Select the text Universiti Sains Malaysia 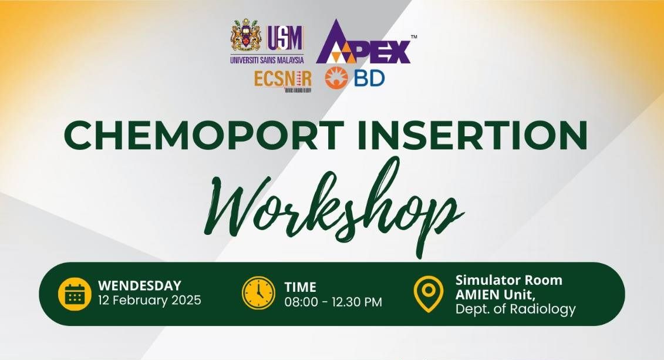tap(267, 60)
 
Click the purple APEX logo tap(363, 42)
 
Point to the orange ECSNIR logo tap(283, 79)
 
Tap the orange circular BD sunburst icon tap(336, 78)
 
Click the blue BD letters tap(369, 78)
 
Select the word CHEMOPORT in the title tap(204, 135)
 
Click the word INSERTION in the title tap(473, 135)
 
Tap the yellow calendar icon tap(75, 294)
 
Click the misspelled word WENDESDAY tap(140, 285)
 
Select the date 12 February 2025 tap(150, 300)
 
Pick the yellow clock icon tap(258, 292)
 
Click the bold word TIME tap(300, 287)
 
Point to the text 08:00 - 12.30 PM tap(333, 302)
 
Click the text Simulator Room tap(508, 280)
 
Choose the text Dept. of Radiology tap(515, 309)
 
